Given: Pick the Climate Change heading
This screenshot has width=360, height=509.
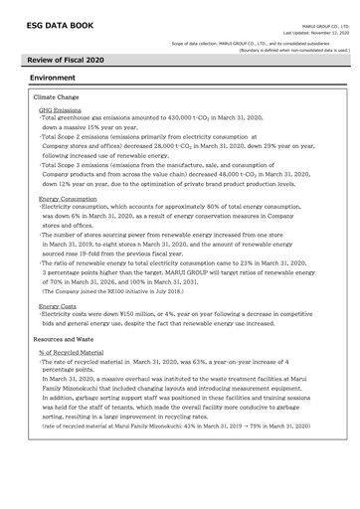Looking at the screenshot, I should [59, 97].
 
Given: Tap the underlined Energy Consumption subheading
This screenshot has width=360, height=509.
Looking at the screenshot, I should [67, 199].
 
